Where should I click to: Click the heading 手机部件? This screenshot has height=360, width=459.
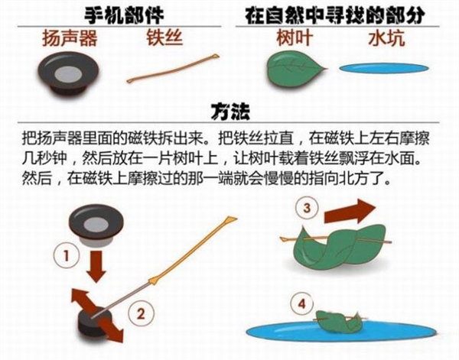point(125,15)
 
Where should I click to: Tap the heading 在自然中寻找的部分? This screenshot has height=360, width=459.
point(335,15)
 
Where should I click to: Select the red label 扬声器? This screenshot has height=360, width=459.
point(70,38)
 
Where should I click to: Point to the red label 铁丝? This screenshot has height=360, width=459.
point(164,37)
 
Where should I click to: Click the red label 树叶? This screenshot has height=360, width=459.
point(295,37)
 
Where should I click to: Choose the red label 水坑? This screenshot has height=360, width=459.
point(386,38)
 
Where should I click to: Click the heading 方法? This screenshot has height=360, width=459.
point(230,112)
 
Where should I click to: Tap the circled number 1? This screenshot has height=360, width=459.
point(67,256)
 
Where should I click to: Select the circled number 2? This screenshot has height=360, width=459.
point(141,314)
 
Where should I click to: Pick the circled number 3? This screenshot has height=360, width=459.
point(307,209)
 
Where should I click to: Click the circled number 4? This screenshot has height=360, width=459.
point(302,304)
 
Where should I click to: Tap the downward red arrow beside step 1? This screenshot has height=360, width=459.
point(96,266)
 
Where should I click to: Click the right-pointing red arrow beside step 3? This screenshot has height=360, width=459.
point(350,211)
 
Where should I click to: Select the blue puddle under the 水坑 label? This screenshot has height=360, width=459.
point(384,68)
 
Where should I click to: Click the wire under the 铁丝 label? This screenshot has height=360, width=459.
point(173,68)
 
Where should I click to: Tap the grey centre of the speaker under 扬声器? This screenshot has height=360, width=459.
point(68,74)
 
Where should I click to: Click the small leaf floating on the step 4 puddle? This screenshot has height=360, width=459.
point(338,322)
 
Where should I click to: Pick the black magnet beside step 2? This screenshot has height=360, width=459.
point(95,321)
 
